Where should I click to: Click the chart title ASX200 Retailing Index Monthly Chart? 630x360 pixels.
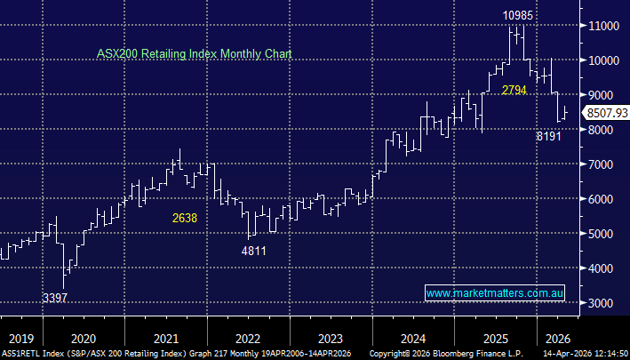tap(195, 54)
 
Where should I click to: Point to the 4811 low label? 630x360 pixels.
tap(254, 252)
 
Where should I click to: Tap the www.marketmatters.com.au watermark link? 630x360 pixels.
tap(497, 292)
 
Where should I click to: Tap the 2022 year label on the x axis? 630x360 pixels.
tap(248, 338)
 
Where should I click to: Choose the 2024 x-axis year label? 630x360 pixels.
tap(412, 338)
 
